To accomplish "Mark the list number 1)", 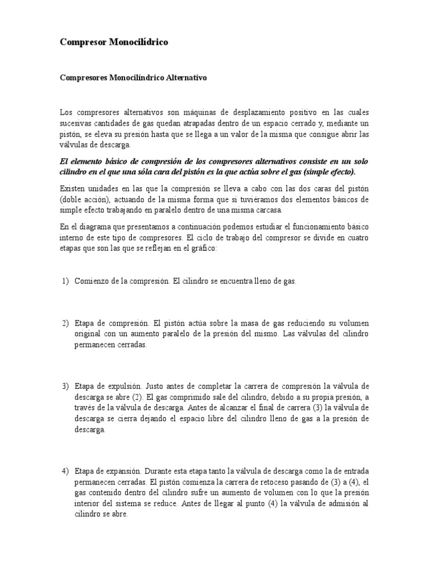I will tap(64, 281).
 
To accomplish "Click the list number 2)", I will tap(64, 323).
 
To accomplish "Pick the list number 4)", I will tap(64, 471).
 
